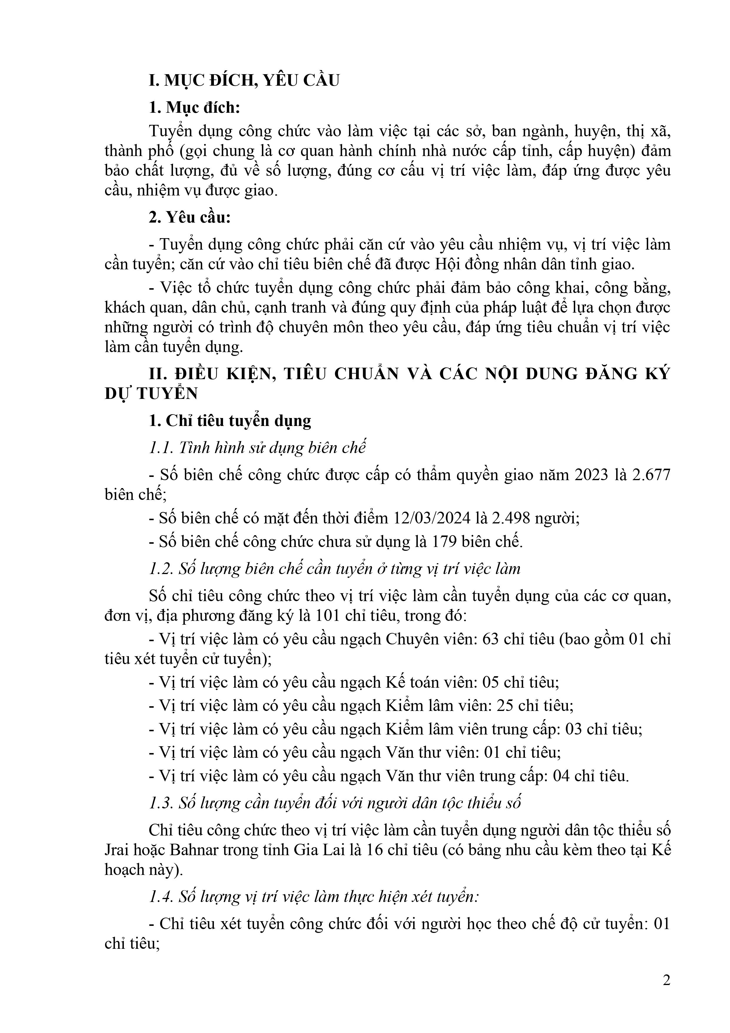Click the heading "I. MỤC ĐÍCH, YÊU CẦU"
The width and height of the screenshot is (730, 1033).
point(244,80)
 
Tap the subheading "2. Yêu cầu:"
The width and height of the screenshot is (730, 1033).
point(189,217)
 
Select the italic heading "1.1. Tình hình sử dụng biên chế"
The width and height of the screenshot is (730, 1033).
point(257,448)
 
